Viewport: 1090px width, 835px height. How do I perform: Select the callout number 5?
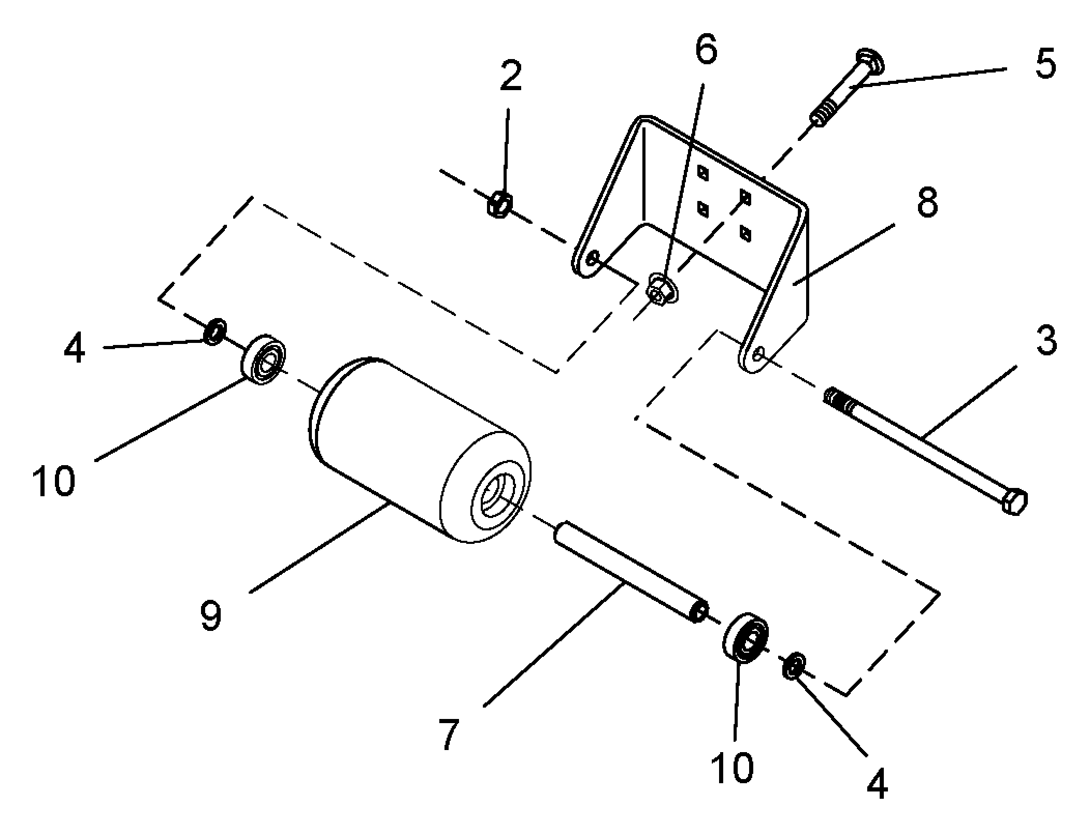[1045, 65]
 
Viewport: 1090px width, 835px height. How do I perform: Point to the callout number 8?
[927, 203]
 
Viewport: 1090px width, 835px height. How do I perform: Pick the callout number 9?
[211, 615]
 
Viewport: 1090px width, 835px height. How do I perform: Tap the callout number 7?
[449, 733]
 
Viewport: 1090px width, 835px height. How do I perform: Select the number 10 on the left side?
[53, 481]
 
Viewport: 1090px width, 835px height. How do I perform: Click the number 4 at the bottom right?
[877, 784]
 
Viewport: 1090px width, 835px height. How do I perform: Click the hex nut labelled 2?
[499, 205]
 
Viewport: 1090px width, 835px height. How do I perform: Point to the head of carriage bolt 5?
[870, 63]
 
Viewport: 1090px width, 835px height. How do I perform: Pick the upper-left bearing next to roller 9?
[264, 359]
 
